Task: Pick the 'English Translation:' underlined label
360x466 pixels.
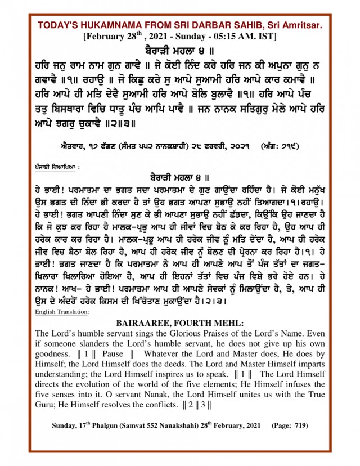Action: tap(61, 311)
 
